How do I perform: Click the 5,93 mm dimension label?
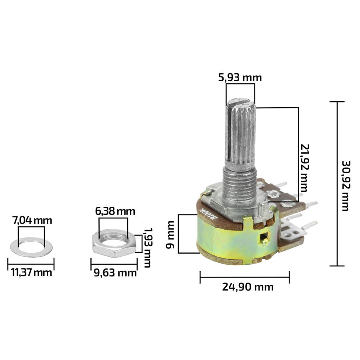pos(240,78)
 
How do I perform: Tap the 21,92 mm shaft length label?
pos(305,168)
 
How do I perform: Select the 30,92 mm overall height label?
pos(346,186)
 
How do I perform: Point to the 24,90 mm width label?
pos(248,287)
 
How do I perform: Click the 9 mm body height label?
pos(170,234)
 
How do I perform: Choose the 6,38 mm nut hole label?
pos(115,211)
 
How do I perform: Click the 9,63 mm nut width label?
pos(115,273)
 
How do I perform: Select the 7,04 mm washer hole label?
pos(32,221)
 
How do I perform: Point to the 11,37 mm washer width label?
pos(32,273)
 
